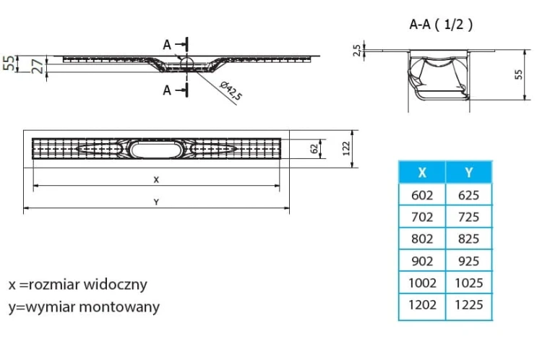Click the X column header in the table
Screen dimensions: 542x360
pos(422,172)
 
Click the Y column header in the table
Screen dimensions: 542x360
pos(469,172)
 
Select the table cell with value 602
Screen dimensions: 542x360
pos(422,195)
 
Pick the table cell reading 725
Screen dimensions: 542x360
pos(469,217)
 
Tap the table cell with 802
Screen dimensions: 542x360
pos(422,239)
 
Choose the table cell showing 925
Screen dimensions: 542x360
pos(469,261)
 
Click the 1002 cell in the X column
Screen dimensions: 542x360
pos(422,283)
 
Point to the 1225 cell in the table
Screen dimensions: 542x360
pos(469,305)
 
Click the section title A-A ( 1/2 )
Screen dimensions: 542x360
pos(441,25)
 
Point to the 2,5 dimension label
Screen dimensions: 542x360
pos(357,50)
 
